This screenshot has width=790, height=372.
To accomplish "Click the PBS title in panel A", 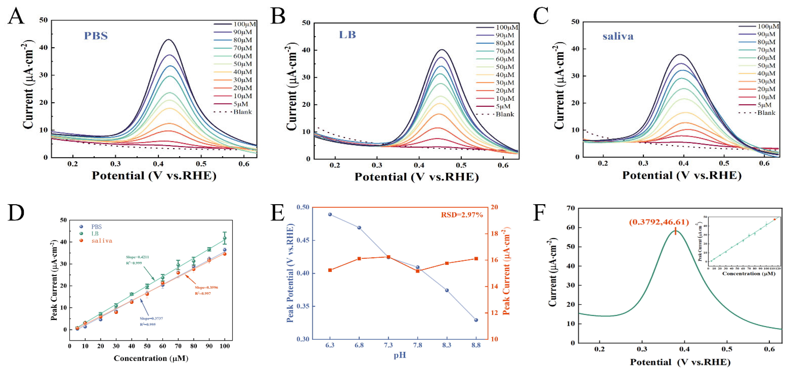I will (x=96, y=36).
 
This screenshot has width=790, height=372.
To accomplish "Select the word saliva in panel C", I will (x=618, y=36).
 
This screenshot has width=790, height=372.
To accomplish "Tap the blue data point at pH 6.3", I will (x=330, y=215).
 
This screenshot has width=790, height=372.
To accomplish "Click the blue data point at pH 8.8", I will (x=476, y=320).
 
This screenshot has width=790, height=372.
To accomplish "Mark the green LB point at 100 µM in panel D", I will (x=225, y=238).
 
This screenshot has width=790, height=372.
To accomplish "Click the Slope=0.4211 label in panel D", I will (x=137, y=257).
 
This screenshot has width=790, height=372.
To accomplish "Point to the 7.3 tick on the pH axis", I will (x=388, y=345).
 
